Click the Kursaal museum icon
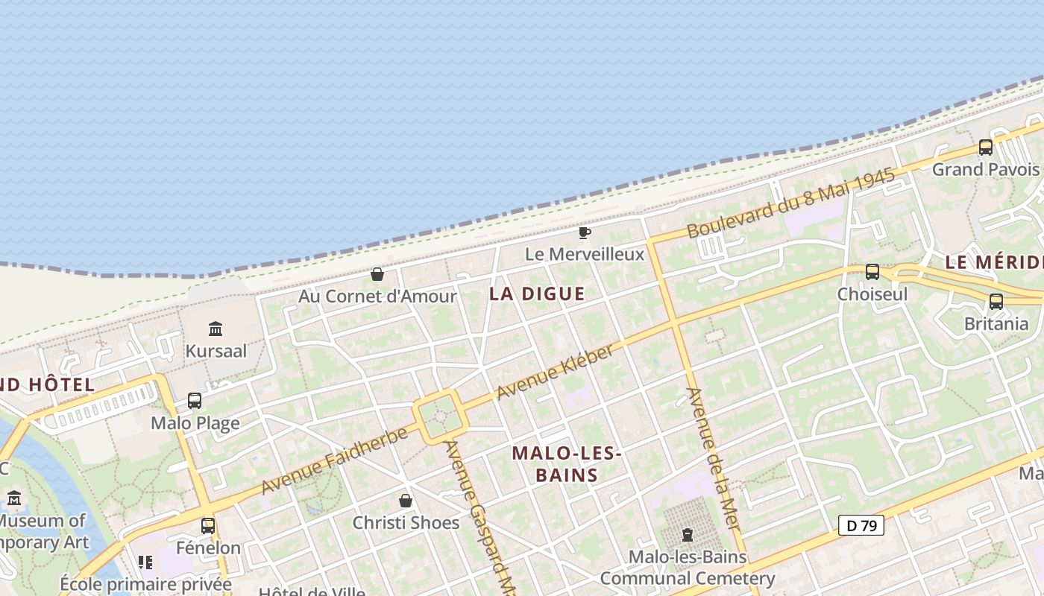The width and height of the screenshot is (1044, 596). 216,329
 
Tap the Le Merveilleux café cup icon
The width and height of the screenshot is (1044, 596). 585,233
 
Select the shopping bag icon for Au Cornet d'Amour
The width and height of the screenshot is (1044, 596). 377,274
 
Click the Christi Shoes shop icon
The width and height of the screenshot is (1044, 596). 406,500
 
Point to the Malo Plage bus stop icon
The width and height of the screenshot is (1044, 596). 195,401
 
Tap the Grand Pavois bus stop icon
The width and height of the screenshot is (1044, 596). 986,147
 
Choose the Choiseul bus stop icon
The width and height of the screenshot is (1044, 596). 872,272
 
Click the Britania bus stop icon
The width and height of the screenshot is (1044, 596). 996,302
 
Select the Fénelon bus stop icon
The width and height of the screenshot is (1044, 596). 208,525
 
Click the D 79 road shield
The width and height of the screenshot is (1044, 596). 861,526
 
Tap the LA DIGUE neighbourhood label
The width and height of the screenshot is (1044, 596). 537,294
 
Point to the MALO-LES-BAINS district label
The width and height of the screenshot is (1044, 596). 567,464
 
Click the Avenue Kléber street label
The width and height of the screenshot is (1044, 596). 555,372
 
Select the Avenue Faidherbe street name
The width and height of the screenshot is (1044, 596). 335,460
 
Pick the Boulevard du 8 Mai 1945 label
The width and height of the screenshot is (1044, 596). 790,203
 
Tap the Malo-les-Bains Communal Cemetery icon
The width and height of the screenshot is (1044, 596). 687,535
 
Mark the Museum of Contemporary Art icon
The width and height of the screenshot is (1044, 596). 14,498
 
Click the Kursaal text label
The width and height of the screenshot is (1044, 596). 216,351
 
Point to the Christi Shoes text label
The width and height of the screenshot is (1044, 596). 406,522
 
